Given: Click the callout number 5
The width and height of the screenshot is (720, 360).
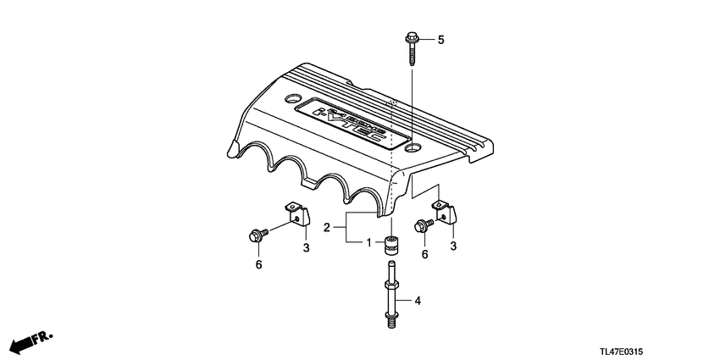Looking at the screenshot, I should click(x=440, y=40).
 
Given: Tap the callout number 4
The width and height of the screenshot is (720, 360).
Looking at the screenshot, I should click(x=417, y=300).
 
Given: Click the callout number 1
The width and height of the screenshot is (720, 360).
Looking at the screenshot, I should click(x=368, y=243).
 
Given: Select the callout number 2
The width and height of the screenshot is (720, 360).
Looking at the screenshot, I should click(x=327, y=227).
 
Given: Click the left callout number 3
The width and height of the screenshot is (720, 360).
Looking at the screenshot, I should click(x=307, y=247).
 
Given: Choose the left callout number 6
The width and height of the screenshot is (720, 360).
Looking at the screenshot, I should click(x=258, y=265).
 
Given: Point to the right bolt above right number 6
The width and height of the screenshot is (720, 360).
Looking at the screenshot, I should click(x=424, y=225).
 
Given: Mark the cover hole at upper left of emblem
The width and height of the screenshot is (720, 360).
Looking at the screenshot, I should click(x=292, y=97).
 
